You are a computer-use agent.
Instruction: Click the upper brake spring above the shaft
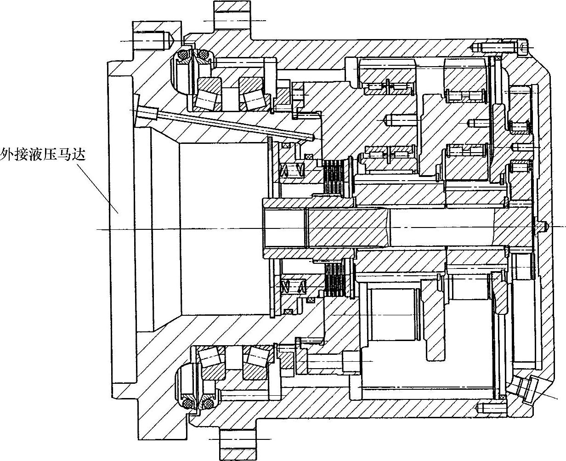[292, 171]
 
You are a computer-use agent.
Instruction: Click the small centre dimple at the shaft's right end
[545, 226]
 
